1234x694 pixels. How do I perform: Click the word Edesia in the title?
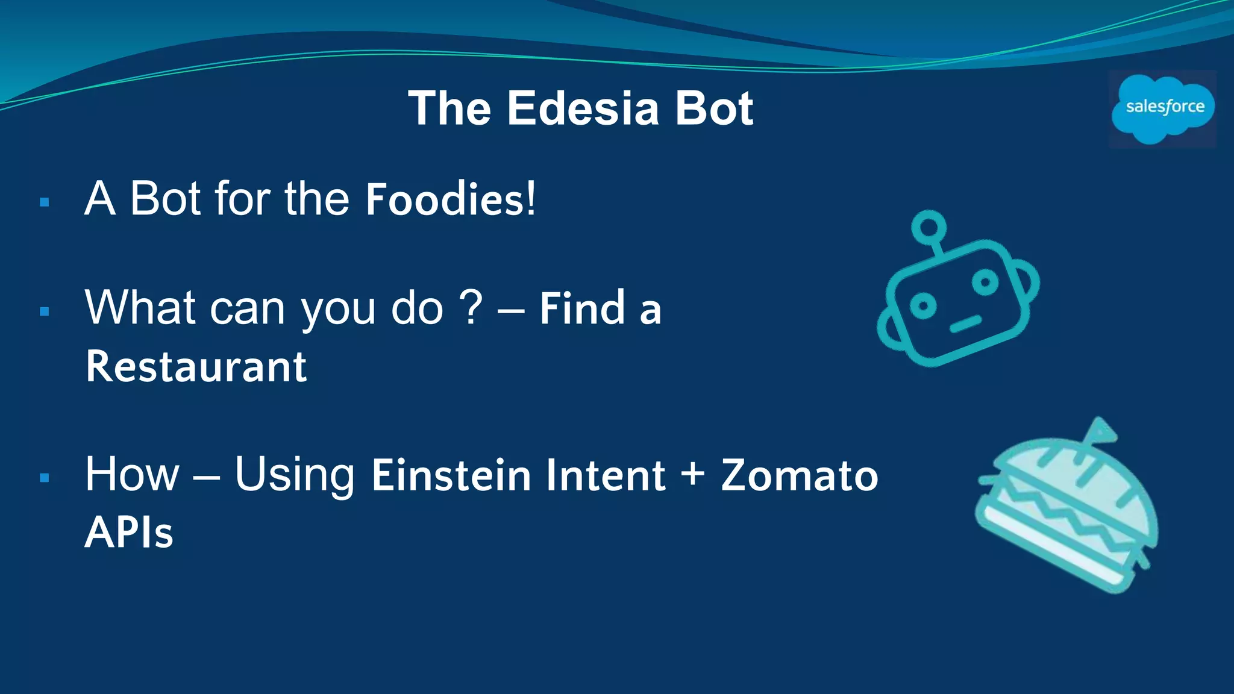pyautogui.click(x=583, y=109)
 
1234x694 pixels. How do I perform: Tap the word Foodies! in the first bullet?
pyautogui.click(x=450, y=199)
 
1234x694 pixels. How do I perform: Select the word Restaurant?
pyautogui.click(x=196, y=366)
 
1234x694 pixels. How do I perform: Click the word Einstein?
pyautogui.click(x=451, y=475)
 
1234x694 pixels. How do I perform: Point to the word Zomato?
pyautogui.click(x=799, y=475)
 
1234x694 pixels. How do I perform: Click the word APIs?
pyautogui.click(x=129, y=533)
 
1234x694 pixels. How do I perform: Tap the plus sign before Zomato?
pyautogui.click(x=693, y=473)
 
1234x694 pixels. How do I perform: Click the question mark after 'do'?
pyautogui.click(x=471, y=307)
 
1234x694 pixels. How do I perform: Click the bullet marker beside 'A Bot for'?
pyautogui.click(x=44, y=202)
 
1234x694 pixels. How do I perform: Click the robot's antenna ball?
pyautogui.click(x=929, y=227)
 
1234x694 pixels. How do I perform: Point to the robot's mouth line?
pyautogui.click(x=966, y=324)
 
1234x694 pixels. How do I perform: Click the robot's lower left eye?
pyautogui.click(x=922, y=306)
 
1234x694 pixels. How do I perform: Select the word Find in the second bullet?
pyautogui.click(x=582, y=308)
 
